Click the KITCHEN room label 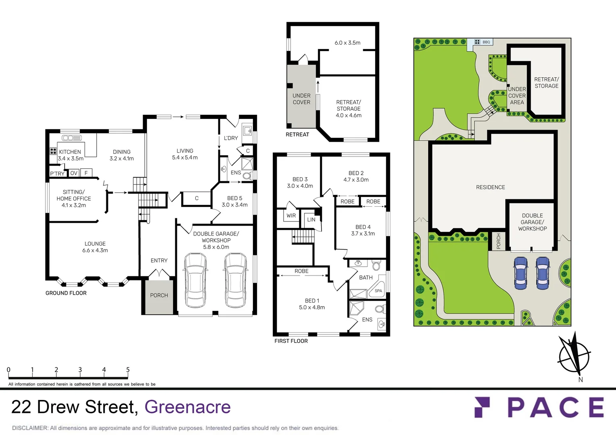point(70,152)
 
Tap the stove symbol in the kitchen point(53,151)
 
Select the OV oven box point(74,173)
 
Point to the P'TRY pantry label point(57,174)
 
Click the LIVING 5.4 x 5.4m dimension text point(185,157)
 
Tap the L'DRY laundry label point(231,138)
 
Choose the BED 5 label point(234,198)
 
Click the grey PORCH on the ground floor point(159,297)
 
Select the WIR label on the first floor point(291,215)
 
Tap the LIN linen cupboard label point(311,220)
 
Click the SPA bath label point(378,291)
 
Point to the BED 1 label point(312,301)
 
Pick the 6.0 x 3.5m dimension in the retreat point(347,43)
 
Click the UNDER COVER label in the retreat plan point(301,99)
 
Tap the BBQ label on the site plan point(486,42)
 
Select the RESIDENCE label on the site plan point(491,187)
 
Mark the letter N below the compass point(581,379)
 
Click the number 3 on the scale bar point(80,370)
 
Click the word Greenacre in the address point(188,407)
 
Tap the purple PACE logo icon point(482,407)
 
